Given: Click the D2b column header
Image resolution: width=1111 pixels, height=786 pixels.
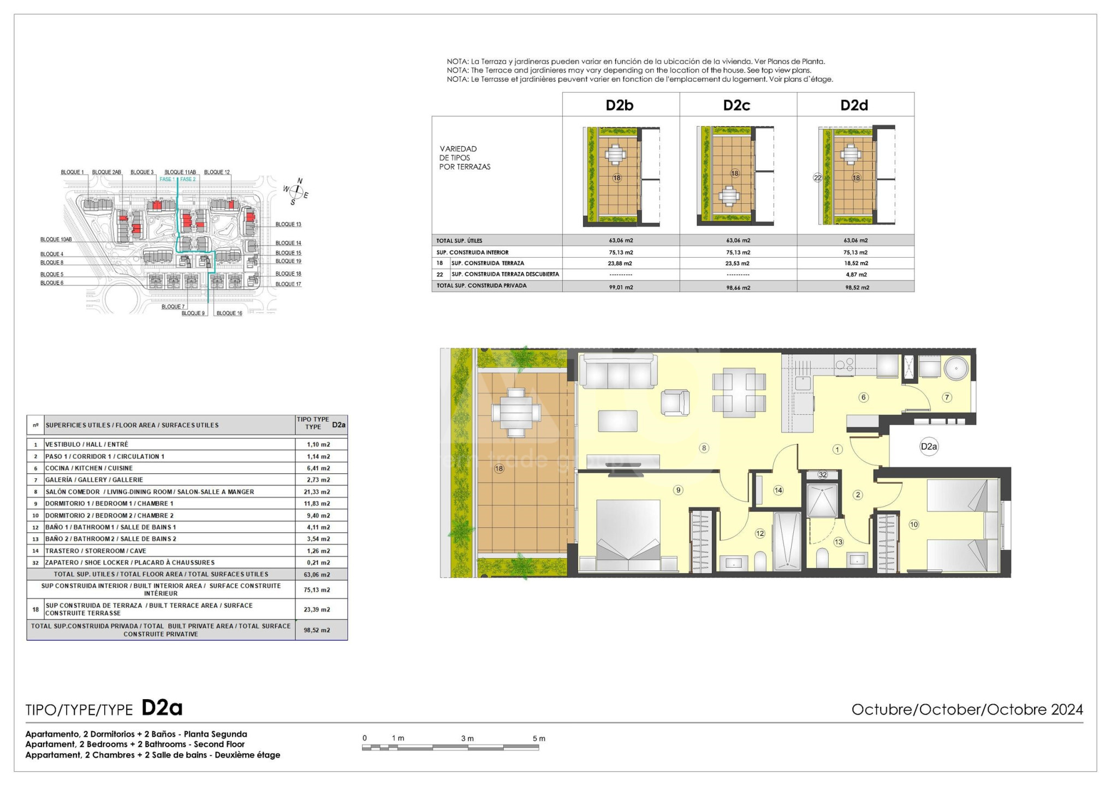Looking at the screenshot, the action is coord(620,105).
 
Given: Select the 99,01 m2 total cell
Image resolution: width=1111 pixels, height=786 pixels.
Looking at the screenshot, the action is coord(621,287).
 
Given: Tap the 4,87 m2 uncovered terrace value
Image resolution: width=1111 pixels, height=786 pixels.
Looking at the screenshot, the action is coord(856,275).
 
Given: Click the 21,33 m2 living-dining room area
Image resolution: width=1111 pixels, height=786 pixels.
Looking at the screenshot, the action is coord(318,492).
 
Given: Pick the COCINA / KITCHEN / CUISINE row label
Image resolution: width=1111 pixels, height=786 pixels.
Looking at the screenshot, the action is coord(89,468).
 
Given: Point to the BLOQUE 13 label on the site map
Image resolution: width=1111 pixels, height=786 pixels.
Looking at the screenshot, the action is coord(288,224).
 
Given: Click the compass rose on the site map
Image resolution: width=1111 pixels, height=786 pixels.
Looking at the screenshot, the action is coord(296,191).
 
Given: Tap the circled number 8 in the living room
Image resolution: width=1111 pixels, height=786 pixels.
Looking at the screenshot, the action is coord(704,448).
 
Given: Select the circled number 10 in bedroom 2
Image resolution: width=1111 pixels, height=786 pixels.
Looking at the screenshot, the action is coord(914,525).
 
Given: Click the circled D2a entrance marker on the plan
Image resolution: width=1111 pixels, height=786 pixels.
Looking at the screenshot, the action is coord(929,446).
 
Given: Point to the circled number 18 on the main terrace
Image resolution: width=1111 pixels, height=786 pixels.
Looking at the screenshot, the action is coord(499,468).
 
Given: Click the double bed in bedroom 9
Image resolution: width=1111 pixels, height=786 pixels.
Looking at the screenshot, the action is coord(628,535).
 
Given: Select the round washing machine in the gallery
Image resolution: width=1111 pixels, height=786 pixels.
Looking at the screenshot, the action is coord(956,368).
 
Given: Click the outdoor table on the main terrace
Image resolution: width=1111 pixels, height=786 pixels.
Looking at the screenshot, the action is coord(516,412).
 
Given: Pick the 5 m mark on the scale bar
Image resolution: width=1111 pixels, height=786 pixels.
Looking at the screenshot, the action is coord(539,739).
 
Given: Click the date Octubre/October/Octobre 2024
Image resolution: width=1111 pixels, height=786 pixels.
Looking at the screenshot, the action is coord(967,710).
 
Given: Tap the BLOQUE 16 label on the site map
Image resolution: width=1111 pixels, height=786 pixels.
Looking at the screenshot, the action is coord(229,313).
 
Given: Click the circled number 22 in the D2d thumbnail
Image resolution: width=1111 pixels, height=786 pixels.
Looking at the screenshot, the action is coord(817,177).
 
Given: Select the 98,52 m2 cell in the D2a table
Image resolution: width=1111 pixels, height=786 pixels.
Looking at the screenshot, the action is coord(317,630).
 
